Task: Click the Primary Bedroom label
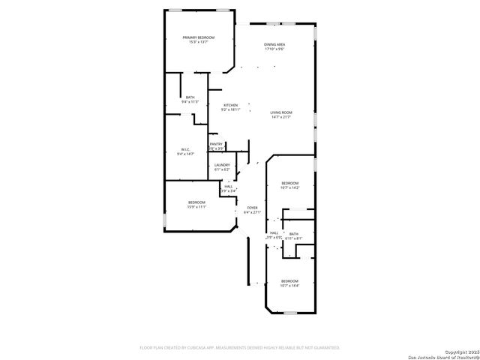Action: click(x=198, y=37)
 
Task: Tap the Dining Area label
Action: click(x=274, y=45)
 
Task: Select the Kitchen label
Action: click(x=230, y=105)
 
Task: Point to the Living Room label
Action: click(x=281, y=112)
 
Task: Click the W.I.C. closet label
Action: click(x=184, y=149)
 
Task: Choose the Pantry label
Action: click(x=216, y=144)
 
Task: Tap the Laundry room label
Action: click(x=221, y=165)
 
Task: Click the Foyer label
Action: click(x=253, y=208)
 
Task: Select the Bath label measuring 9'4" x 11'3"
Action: click(x=190, y=97)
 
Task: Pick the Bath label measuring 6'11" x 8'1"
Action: click(x=294, y=234)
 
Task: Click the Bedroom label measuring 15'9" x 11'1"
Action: click(x=196, y=202)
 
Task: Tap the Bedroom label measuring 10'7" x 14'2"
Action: click(x=289, y=183)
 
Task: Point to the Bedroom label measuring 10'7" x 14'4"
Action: click(x=289, y=281)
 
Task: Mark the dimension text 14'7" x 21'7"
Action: click(x=281, y=118)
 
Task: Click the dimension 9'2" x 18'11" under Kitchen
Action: click(x=230, y=110)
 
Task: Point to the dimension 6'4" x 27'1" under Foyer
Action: click(x=253, y=213)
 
